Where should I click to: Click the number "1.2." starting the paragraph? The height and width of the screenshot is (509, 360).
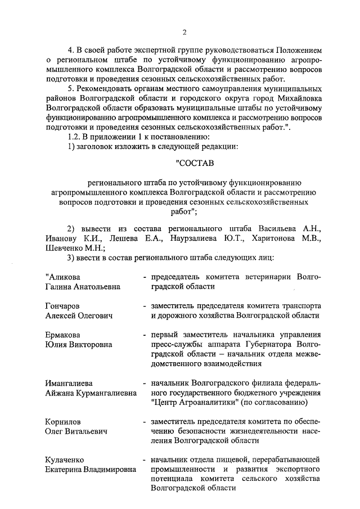coord(74,137)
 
